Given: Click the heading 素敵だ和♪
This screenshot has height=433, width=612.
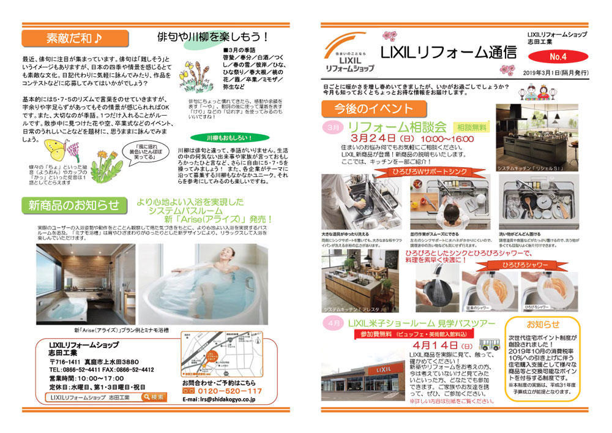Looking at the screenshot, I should tap(67, 39).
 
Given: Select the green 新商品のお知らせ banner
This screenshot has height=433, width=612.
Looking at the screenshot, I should tap(73, 205).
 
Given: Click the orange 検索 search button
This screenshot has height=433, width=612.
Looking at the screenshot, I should tap(153, 397).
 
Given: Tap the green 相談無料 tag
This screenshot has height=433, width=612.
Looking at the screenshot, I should tap(471, 127).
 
